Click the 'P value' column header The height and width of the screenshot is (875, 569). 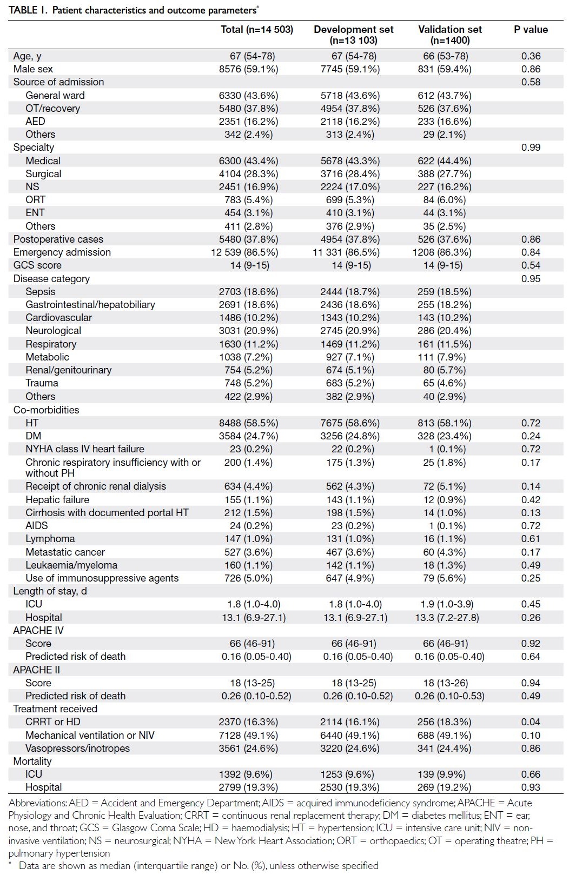(531, 30)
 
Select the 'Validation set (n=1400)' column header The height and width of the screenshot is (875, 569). (450, 35)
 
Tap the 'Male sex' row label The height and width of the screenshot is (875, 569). (33, 69)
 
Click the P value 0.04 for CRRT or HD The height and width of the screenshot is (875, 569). (531, 722)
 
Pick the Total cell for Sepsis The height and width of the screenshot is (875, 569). (249, 292)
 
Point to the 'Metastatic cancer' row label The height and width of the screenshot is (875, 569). (65, 552)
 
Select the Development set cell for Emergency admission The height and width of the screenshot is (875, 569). (346, 252)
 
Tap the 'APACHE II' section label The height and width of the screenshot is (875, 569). (36, 670)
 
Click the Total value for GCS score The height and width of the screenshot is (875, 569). (250, 265)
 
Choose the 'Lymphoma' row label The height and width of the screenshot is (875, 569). (50, 539)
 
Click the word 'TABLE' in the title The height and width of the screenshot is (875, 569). (23, 10)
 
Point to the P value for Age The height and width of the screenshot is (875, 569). (531, 56)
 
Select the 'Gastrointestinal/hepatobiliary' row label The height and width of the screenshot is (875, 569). (90, 305)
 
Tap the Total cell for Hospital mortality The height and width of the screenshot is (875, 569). (249, 787)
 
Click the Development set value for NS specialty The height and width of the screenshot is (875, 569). (350, 186)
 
